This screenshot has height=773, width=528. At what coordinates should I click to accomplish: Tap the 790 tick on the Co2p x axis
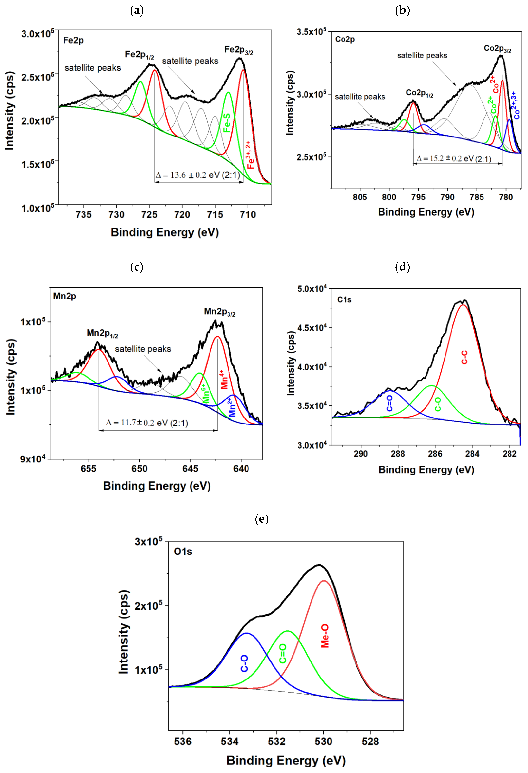pyautogui.click(x=447, y=197)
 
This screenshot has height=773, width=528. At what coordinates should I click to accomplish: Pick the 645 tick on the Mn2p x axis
pyautogui.click(x=190, y=469)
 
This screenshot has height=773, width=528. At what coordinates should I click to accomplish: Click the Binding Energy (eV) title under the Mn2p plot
pyautogui.click(x=157, y=486)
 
